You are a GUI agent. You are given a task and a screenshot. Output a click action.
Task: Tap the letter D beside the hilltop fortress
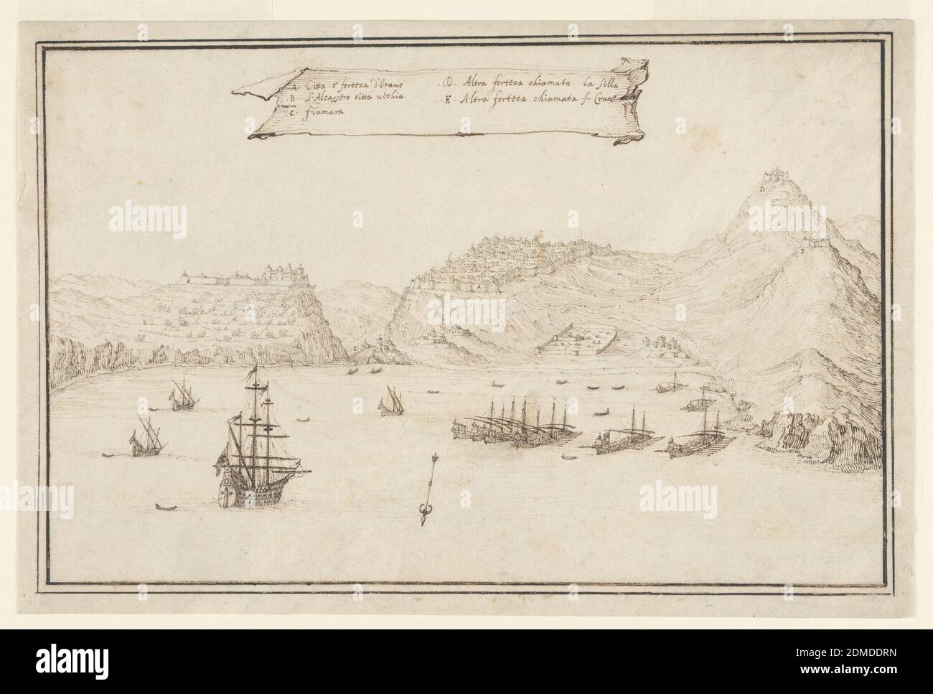(761, 189)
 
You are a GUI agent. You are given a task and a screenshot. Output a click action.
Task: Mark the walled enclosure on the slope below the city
(574, 343)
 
